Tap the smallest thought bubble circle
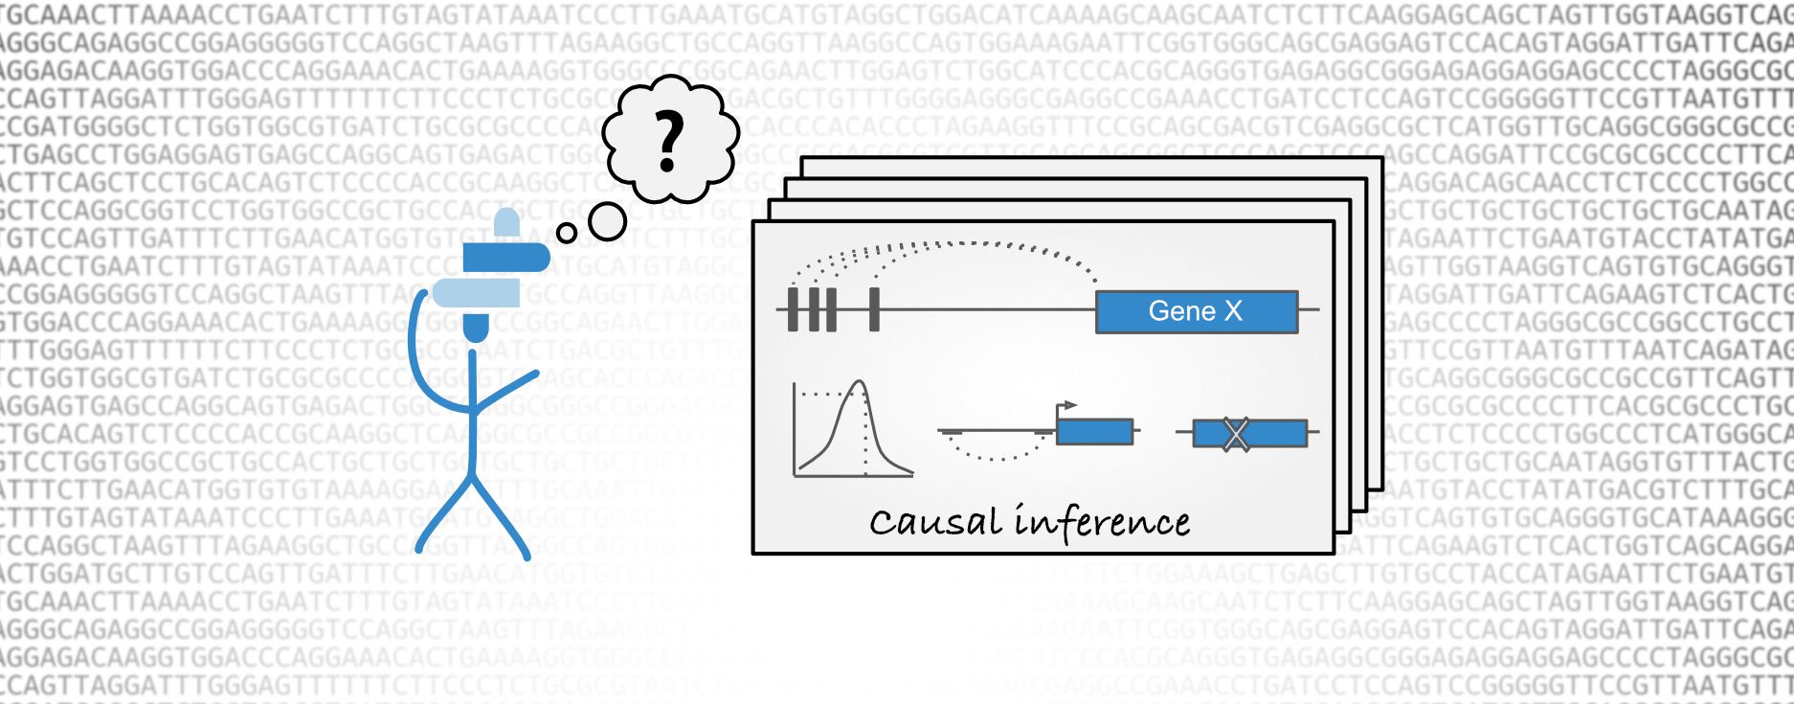[566, 232]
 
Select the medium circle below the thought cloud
[606, 221]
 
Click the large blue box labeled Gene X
[1196, 311]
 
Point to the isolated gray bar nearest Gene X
[874, 309]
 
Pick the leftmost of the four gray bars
[793, 309]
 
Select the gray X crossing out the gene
[1236, 434]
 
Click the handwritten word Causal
[936, 523]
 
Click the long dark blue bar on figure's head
[506, 258]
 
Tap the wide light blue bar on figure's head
[476, 293]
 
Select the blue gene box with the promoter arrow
[1094, 432]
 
